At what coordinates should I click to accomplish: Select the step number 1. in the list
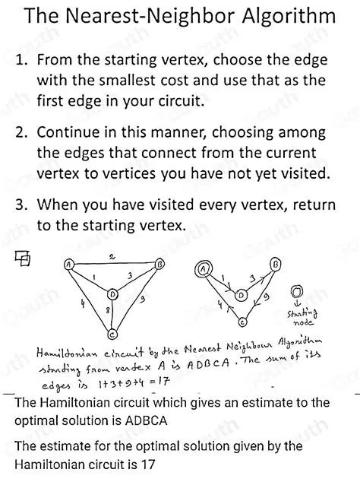21,60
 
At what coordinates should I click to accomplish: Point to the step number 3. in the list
21,205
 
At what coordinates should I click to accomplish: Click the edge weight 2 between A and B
112,258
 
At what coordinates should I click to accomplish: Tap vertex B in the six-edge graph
160,265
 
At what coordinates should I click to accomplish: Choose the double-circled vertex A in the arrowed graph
203,268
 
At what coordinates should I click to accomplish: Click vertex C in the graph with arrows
242,322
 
